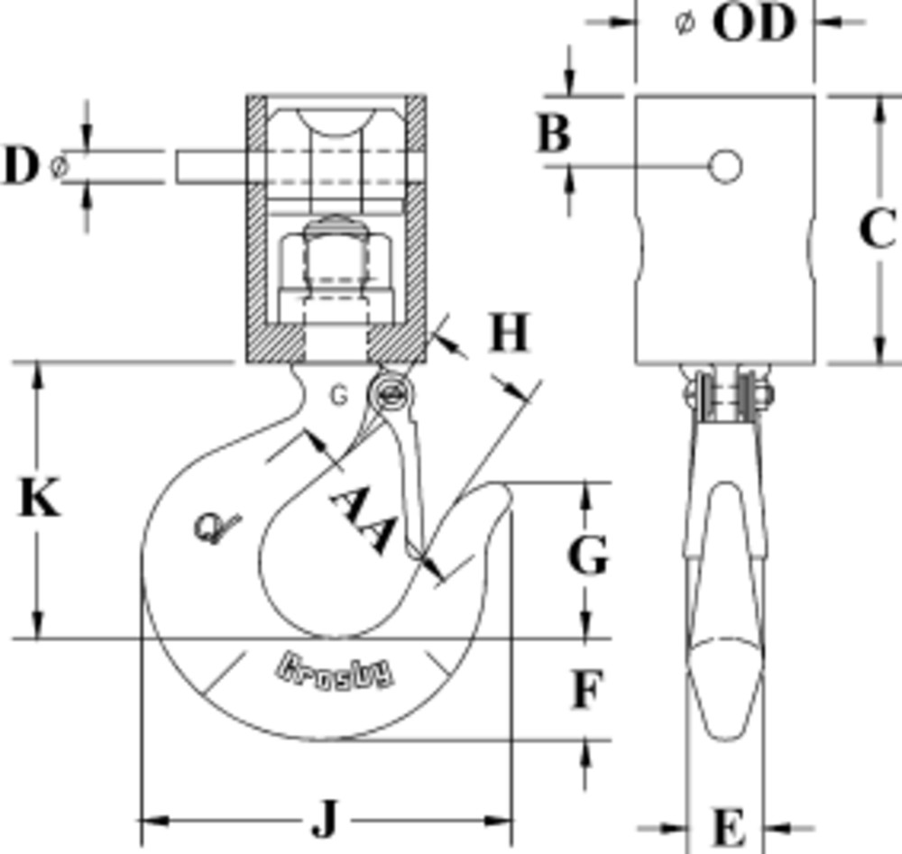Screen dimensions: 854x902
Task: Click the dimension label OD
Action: click(754, 24)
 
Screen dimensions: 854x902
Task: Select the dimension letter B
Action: click(555, 134)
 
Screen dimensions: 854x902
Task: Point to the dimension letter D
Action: click(21, 167)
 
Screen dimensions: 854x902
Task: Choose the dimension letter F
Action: click(586, 692)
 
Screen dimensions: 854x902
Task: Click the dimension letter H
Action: click(509, 335)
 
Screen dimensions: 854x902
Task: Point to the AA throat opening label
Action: click(361, 522)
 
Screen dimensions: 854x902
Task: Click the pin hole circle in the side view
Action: click(725, 166)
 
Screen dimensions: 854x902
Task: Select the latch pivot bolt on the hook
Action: click(391, 393)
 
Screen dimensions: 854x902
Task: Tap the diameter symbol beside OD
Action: click(686, 25)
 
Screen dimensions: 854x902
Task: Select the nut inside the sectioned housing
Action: click(335, 262)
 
